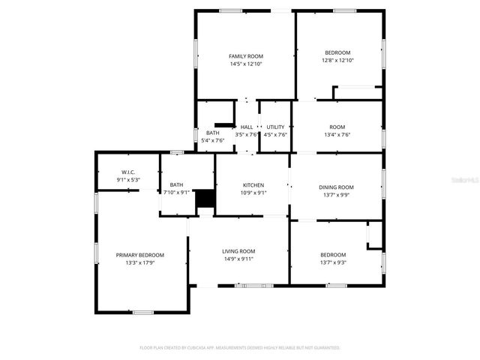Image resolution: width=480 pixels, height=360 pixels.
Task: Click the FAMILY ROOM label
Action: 246,56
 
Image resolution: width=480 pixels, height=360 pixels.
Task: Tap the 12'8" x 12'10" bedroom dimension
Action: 337,61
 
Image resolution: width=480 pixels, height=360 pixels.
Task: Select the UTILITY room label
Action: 275,127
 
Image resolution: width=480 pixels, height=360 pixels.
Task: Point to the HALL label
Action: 246,127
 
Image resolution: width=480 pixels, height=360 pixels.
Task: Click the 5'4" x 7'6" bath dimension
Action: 213,140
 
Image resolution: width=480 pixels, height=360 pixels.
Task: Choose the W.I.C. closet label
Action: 127,172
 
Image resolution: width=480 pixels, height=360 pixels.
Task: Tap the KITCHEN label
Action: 253,184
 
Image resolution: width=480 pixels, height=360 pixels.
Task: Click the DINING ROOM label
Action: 336,187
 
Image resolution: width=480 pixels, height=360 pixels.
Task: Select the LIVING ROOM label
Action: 238,250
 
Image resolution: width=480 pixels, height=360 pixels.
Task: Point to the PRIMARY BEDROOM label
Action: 139,255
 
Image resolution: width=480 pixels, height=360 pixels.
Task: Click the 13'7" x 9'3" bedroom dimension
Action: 333,262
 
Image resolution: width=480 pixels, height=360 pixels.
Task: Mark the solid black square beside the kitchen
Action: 205,199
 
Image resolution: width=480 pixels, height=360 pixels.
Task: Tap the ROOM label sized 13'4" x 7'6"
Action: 337,127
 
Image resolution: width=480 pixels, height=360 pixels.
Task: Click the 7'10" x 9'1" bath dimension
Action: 176,193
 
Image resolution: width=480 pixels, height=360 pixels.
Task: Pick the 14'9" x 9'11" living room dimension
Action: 238,259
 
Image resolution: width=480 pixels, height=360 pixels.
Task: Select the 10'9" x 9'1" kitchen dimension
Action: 253,193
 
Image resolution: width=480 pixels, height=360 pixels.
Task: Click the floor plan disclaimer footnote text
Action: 240,348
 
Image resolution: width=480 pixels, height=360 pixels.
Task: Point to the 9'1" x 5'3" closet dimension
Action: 127,180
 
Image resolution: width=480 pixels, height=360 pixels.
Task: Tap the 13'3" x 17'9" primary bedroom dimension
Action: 139,263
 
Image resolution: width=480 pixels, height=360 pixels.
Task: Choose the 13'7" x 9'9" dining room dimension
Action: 336,195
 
